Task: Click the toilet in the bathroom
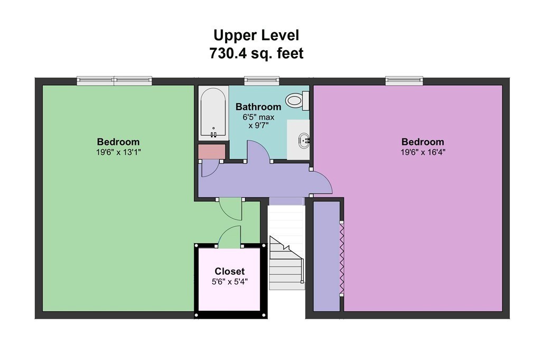[x=296, y=100]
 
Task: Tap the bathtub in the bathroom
[x=213, y=113]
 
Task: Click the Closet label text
[x=229, y=271]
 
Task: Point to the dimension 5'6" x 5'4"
[x=229, y=282]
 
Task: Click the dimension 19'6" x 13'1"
[x=118, y=152]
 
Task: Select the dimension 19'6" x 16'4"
[x=423, y=152]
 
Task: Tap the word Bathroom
[x=258, y=107]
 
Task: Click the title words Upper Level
[x=256, y=35]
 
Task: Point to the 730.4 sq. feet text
[x=256, y=53]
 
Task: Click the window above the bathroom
[x=262, y=81]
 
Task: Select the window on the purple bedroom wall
[x=404, y=81]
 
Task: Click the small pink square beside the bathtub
[x=211, y=152]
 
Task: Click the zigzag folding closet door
[x=342, y=259]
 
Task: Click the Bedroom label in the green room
[x=118, y=142]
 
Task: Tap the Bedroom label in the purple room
[x=423, y=142]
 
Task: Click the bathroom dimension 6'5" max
[x=258, y=117]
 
